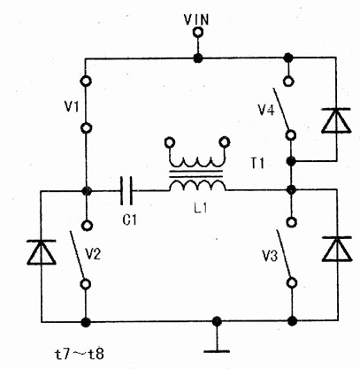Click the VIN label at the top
click(196, 20)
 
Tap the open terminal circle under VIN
click(198, 32)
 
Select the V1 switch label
click(72, 106)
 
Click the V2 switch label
click(93, 254)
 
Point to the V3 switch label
click(270, 257)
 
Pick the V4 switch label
click(266, 110)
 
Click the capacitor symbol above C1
click(126, 190)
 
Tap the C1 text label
click(130, 219)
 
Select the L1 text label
click(201, 208)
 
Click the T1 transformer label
click(257, 163)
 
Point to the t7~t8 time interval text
click(80, 354)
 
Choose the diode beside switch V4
click(336, 120)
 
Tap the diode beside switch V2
click(42, 252)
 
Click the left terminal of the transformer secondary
click(170, 142)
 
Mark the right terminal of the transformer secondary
click(225, 142)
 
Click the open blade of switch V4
click(280, 109)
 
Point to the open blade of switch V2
click(76, 256)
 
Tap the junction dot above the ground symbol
click(217, 320)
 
